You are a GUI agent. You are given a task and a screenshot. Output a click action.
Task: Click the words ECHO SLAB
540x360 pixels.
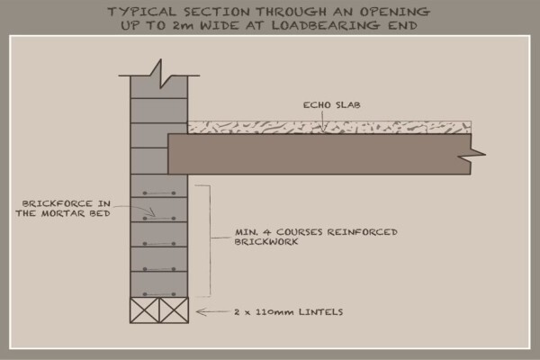(331, 104)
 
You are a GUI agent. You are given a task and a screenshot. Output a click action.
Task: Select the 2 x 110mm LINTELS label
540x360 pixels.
(289, 312)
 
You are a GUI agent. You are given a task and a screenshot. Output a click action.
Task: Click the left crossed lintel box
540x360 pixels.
(145, 310)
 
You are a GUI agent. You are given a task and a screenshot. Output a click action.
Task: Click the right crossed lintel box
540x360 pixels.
(174, 310)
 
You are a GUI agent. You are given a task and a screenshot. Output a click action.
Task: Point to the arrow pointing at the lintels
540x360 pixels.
(211, 312)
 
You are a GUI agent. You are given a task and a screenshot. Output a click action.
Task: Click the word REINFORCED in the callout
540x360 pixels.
(363, 232)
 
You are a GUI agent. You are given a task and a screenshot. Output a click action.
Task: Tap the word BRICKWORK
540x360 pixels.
(266, 241)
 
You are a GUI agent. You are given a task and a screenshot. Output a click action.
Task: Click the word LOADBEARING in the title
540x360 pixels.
(326, 25)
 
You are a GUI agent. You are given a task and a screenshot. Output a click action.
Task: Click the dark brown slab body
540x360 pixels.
(319, 154)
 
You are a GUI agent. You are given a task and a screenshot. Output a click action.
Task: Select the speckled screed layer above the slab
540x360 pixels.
(329, 128)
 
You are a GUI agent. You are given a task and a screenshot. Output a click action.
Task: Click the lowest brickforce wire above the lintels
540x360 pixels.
(159, 294)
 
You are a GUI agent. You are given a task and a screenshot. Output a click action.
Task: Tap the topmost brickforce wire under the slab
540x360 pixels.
(159, 193)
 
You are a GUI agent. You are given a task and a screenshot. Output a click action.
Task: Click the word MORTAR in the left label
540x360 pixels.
(63, 213)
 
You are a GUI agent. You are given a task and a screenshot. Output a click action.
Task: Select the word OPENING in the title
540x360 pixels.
(395, 12)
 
